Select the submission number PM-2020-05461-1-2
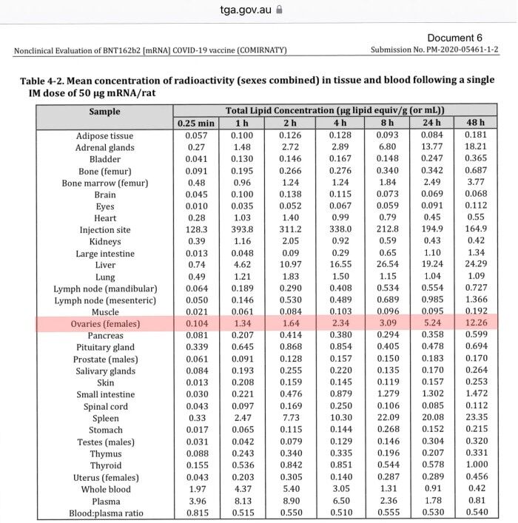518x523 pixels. pos(434,50)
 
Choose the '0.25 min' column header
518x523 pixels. pos(195,123)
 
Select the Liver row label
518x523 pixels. pos(105,266)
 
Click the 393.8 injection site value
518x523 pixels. pos(241,230)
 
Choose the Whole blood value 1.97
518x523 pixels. pos(195,489)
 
